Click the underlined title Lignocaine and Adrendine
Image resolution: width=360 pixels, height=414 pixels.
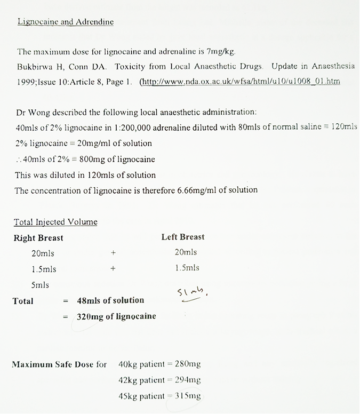pos(66,22)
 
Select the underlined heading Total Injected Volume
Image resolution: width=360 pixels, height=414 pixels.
pos(56,222)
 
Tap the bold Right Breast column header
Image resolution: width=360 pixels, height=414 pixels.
pos(38,238)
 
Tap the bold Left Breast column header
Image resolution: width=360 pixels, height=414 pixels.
pos(182,237)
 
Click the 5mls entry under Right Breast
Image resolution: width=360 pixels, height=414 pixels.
pos(40,285)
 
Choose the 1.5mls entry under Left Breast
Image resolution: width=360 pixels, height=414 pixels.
pos(187,268)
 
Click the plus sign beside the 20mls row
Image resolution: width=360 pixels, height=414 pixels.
pos(113,253)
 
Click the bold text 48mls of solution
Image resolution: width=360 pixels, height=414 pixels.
pos(110,300)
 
